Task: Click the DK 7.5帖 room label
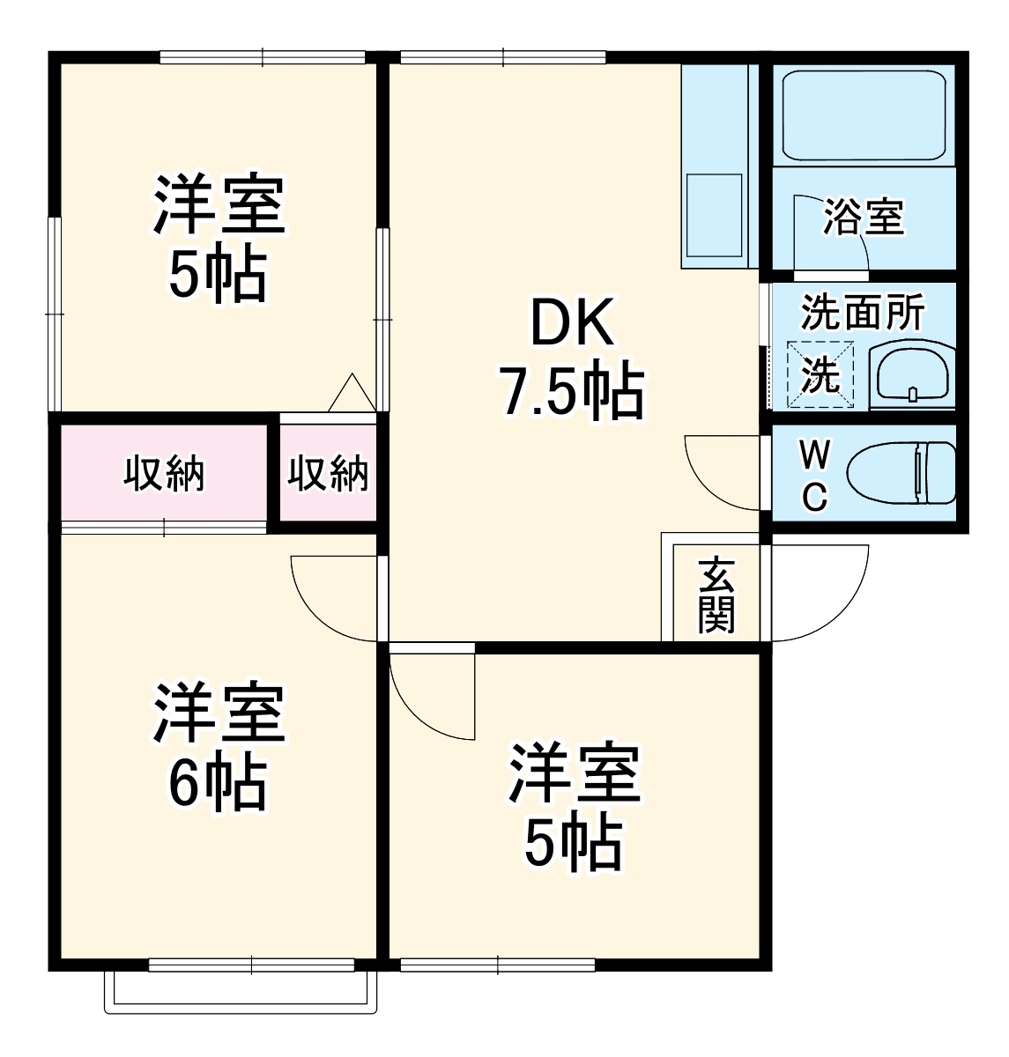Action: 571,358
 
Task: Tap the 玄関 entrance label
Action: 716,596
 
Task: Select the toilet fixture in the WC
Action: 901,474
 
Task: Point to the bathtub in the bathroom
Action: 864,115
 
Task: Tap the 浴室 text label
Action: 864,218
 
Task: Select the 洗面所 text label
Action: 863,314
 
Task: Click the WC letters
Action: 814,476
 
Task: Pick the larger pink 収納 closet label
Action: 164,474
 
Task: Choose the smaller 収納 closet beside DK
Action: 328,474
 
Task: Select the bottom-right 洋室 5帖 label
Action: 574,807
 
